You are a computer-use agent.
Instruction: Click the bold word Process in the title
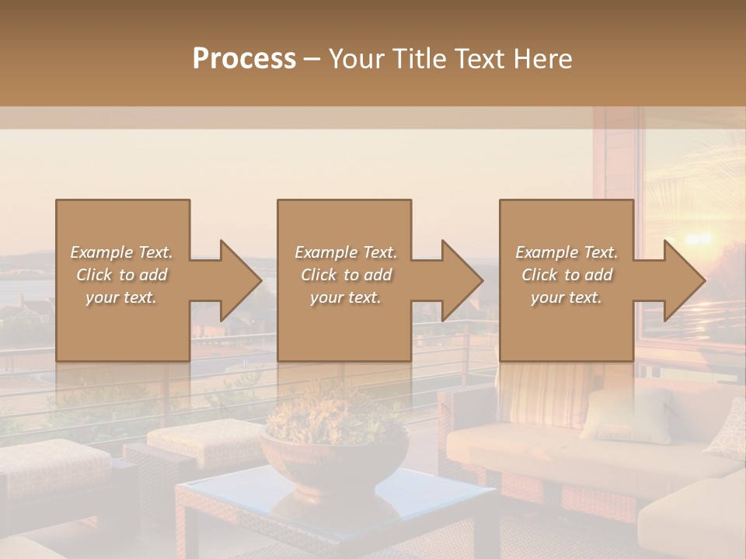coord(244,59)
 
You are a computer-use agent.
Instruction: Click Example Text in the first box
coord(121,252)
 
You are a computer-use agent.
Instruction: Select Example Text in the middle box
coord(345,252)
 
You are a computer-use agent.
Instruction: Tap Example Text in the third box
coord(566,252)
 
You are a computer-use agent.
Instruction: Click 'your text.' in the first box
coord(121,297)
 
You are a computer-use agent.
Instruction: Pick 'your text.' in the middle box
coord(345,297)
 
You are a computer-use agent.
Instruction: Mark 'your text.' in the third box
coord(566,297)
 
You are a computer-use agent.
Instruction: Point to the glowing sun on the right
coord(697,238)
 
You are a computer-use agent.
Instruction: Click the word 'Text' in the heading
coord(481,59)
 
